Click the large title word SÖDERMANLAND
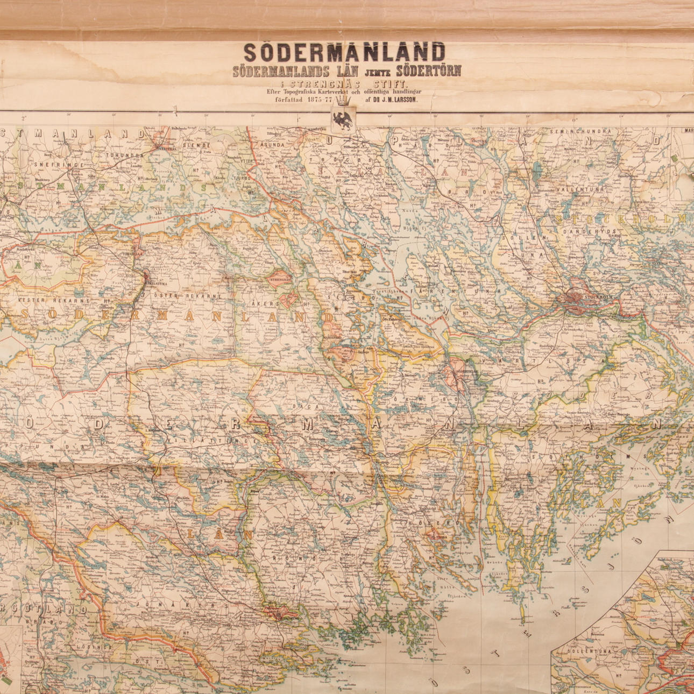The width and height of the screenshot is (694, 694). click(344, 52)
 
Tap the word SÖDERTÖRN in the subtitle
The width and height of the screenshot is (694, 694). click(428, 70)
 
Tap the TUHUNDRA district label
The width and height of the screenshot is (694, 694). click(124, 155)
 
